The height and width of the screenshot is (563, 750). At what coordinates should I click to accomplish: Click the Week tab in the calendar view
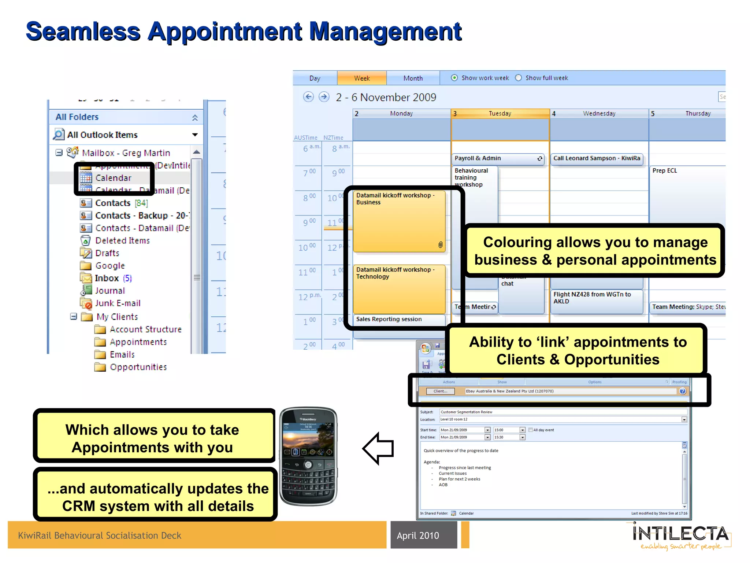[x=361, y=78]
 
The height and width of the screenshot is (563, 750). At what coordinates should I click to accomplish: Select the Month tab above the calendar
[x=413, y=78]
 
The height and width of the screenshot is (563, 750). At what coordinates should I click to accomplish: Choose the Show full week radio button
[x=519, y=78]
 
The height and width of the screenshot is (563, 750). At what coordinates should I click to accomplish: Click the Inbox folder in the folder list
[x=107, y=278]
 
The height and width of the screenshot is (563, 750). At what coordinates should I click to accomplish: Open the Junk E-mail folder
[x=118, y=303]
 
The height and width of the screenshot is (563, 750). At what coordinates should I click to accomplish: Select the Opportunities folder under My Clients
[x=138, y=367]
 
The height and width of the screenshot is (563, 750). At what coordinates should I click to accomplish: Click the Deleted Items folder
[x=122, y=240]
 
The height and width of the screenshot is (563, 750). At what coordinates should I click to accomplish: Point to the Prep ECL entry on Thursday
[x=665, y=171]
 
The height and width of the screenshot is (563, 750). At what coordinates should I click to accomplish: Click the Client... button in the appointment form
[x=440, y=391]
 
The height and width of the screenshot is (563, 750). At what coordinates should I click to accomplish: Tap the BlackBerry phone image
[x=308, y=456]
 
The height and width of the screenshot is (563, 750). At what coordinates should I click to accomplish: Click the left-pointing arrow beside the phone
[x=378, y=448]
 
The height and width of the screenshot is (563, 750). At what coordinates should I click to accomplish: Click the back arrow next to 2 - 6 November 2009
[x=309, y=97]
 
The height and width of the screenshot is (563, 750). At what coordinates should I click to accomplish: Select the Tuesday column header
[x=500, y=114]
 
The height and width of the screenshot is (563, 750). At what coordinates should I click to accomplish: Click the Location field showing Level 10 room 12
[x=560, y=419]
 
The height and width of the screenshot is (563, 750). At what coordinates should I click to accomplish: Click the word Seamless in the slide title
[x=83, y=32]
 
